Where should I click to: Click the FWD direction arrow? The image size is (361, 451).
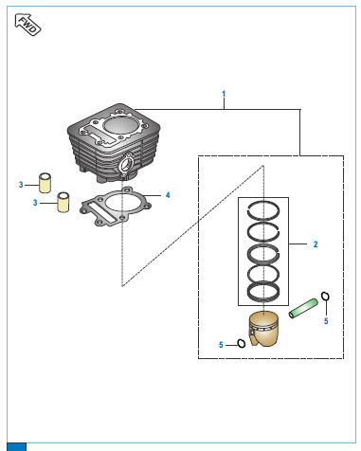tap(27, 24)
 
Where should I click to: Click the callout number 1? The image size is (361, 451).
tap(224, 94)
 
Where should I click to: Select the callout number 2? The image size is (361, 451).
tap(316, 244)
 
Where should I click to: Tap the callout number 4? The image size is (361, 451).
tap(168, 195)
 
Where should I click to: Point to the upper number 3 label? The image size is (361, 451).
tap(21, 185)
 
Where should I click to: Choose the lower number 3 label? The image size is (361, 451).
tap(35, 203)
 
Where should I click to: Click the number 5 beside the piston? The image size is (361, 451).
tap(221, 345)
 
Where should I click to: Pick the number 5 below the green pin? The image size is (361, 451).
tap(326, 321)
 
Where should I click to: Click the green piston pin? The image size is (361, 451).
tap(303, 308)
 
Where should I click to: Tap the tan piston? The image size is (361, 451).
tap(263, 329)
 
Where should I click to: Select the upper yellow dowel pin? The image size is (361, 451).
tap(45, 183)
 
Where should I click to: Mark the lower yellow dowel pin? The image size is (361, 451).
tap(63, 202)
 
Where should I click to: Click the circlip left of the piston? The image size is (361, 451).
tap(242, 343)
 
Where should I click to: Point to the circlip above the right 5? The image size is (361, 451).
tap(325, 297)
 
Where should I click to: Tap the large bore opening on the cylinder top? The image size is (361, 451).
tap(119, 125)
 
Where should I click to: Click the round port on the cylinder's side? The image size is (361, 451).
tap(126, 164)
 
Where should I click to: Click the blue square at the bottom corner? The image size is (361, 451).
tap(16, 447)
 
